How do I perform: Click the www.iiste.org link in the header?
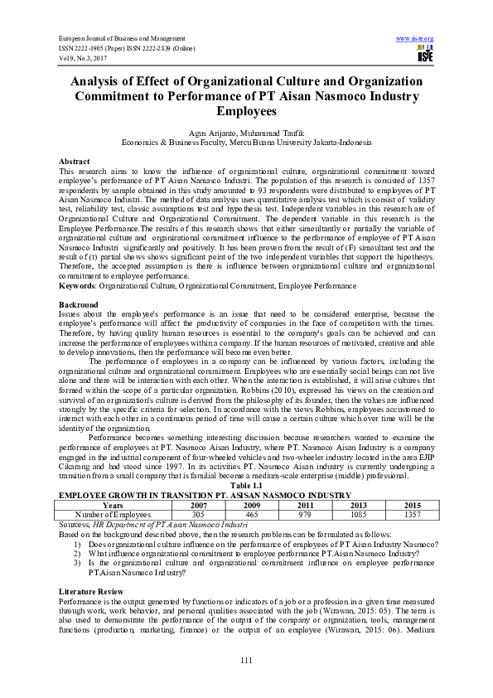tap(415, 39)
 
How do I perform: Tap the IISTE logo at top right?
tap(425, 55)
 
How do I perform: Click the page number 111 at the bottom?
tap(246, 659)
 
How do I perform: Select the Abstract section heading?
tap(75, 160)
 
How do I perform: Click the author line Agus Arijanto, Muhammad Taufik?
tap(246, 133)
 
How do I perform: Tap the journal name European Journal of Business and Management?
tap(122, 39)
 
